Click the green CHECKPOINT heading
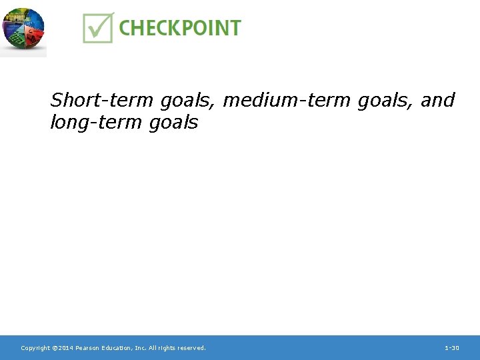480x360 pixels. [179, 28]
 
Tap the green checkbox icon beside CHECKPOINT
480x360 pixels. [98, 27]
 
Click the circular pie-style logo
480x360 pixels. [23, 30]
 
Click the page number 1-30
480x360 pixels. [452, 348]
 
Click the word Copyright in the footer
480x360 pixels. [35, 348]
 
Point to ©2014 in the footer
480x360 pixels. [63, 348]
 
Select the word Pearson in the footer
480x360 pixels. [88, 348]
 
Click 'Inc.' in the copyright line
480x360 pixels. [143, 348]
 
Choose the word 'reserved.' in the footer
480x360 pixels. [193, 348]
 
